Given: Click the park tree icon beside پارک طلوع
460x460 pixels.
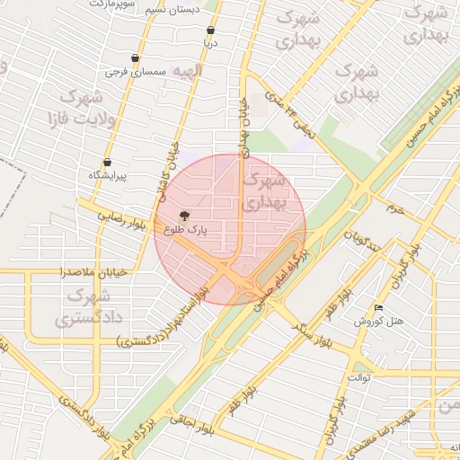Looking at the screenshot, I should coord(185,216).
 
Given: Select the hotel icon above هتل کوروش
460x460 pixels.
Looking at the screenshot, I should coord(378,308).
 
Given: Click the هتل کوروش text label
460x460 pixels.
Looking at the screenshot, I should coord(385,321).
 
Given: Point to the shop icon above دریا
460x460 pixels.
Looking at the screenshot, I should coord(210,30).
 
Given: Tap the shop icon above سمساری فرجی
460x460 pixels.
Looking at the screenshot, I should coord(135,58).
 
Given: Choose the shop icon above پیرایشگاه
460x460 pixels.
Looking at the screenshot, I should coord(107,162).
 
